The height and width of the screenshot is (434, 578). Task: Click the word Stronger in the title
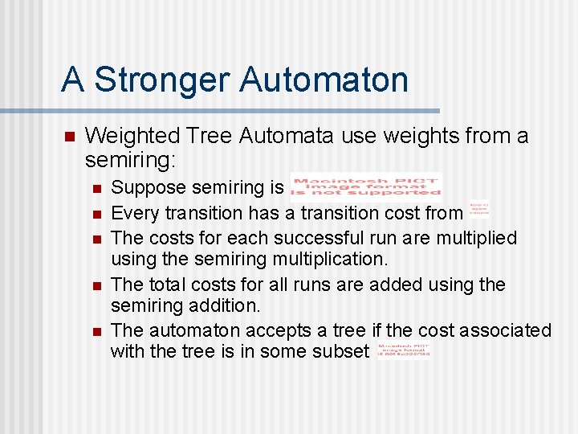click(161, 80)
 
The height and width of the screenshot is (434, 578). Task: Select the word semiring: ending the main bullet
click(130, 161)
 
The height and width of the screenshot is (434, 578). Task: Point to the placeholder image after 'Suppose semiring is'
click(365, 185)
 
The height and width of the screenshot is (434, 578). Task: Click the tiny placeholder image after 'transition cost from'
click(478, 210)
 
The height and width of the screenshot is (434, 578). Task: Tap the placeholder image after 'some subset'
click(401, 350)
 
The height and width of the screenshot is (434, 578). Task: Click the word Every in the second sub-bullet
click(130, 213)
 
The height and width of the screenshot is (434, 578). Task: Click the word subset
click(340, 351)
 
